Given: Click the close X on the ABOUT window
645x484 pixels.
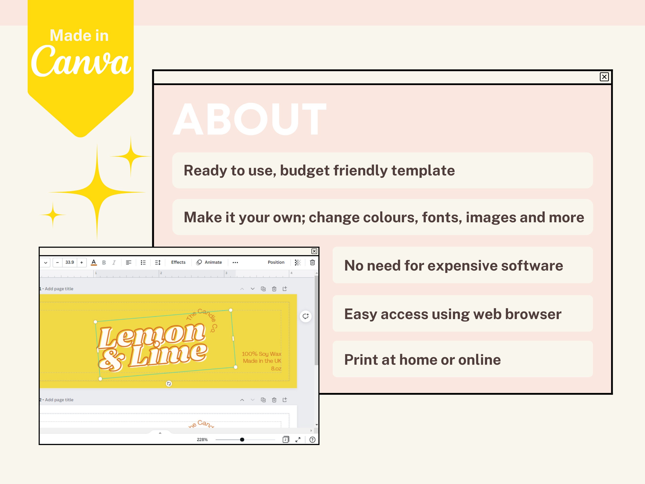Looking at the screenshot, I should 604,77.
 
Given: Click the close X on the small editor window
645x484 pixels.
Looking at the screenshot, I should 314,251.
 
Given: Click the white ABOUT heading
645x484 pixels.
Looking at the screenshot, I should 250,119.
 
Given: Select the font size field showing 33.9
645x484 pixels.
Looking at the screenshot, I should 70,262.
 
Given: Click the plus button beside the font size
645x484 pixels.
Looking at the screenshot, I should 82,262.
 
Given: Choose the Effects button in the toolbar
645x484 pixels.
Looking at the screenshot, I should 178,262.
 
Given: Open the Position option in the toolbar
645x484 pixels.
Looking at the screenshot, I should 276,262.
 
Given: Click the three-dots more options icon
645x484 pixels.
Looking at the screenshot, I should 235,262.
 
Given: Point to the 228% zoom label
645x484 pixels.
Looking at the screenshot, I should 202,440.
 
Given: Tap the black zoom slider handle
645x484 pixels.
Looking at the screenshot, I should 242,440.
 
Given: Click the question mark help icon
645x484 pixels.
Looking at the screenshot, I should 312,440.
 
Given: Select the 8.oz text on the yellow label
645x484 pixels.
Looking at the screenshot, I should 276,369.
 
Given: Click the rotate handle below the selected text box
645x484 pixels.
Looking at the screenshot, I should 169,384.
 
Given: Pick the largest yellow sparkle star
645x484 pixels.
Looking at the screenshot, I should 97,192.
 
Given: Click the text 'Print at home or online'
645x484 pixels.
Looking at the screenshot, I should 422,359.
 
